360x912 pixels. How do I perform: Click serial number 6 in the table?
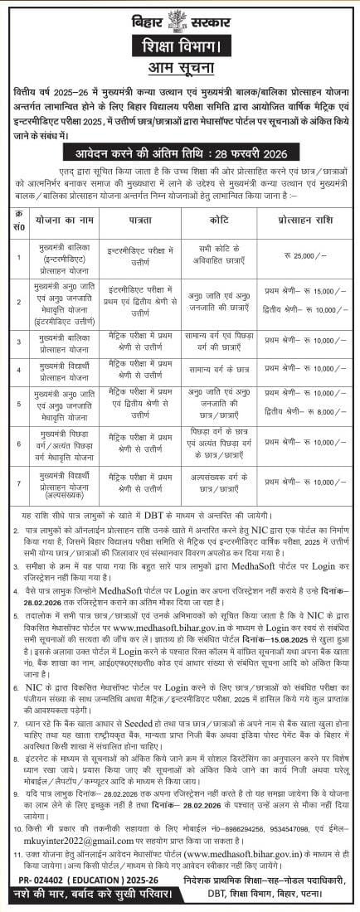point(17,444)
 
